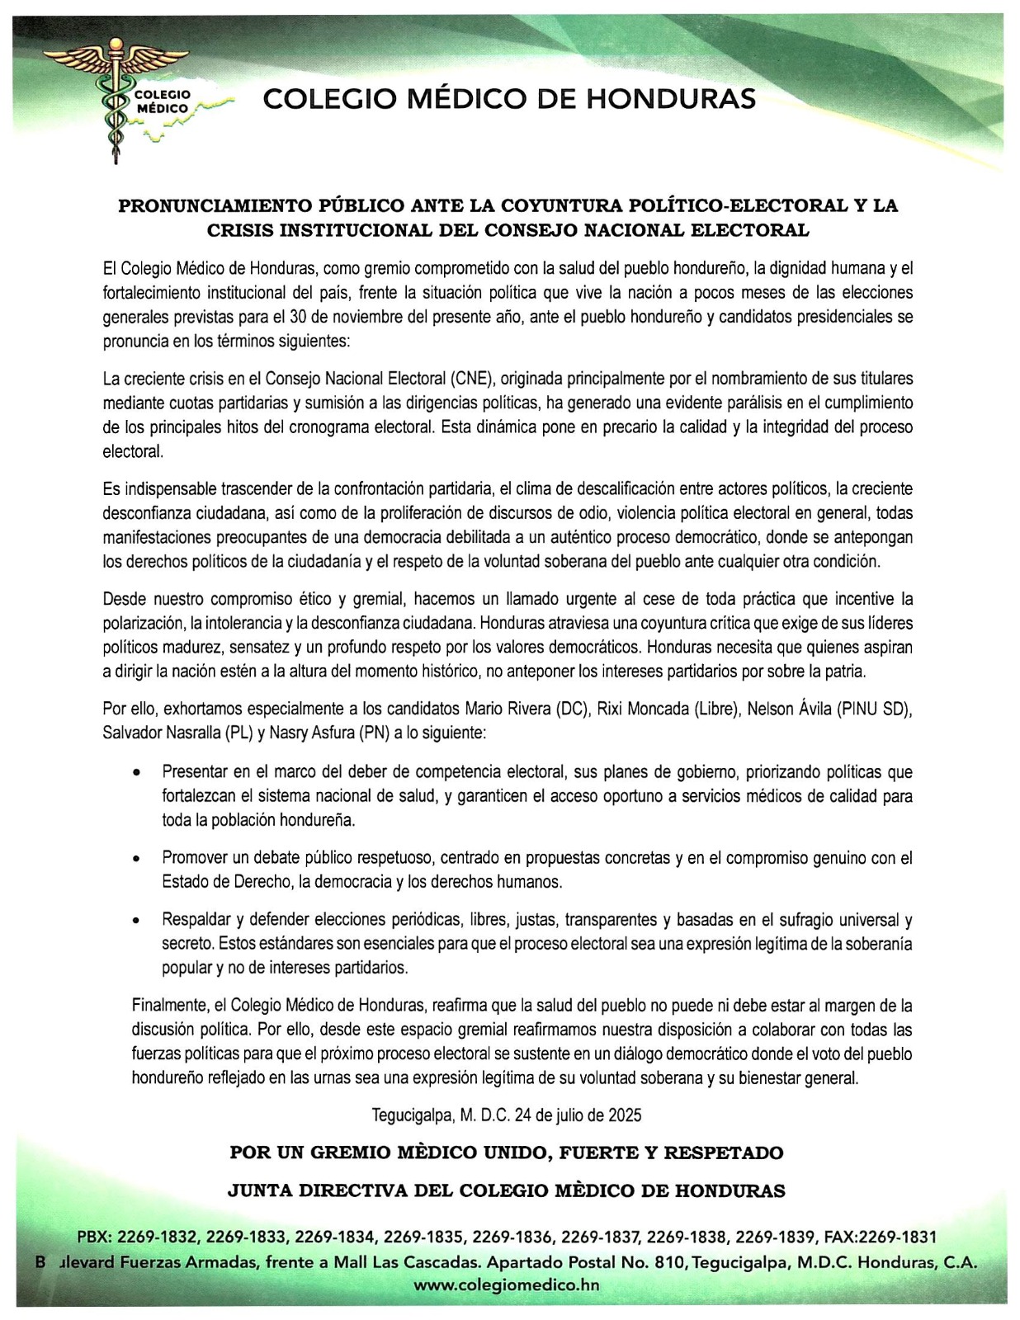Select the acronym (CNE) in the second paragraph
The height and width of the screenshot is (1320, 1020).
click(471, 379)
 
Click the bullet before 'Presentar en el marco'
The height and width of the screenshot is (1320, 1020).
click(137, 774)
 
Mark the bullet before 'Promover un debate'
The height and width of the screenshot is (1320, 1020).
click(137, 859)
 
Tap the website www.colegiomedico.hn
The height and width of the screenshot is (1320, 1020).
click(506, 1285)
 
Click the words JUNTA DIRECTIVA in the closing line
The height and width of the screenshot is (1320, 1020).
click(321, 1190)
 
